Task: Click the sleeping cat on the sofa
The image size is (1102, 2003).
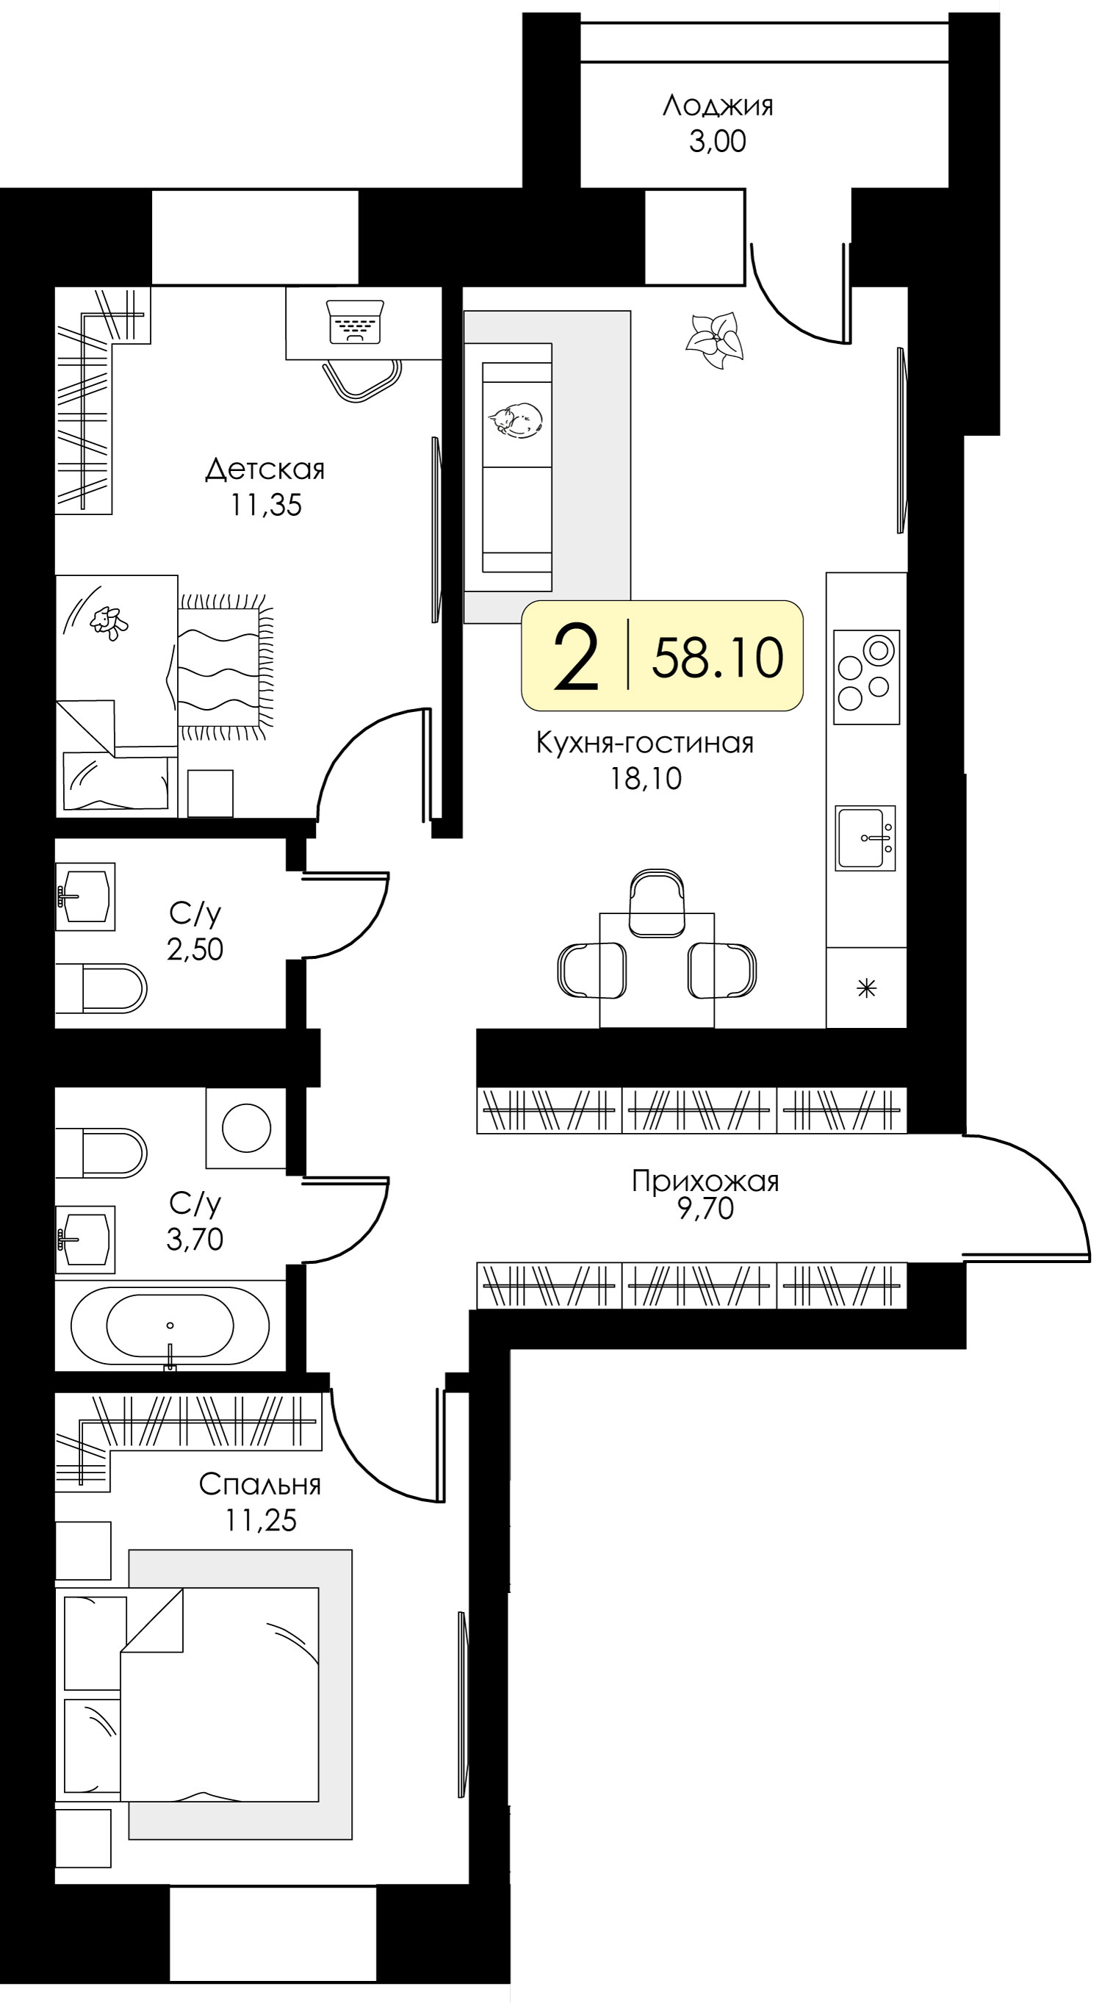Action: click(x=516, y=421)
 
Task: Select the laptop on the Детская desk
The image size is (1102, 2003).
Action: click(x=356, y=322)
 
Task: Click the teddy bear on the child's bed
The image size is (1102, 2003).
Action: click(x=109, y=623)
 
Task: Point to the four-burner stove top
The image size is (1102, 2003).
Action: click(x=866, y=677)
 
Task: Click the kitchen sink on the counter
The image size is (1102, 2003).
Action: click(x=865, y=838)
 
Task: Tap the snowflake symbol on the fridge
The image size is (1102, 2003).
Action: click(x=866, y=988)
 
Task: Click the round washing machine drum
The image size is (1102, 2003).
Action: click(x=247, y=1127)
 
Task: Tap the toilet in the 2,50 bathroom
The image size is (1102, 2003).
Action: click(x=101, y=988)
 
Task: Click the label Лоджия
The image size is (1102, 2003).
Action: click(x=717, y=105)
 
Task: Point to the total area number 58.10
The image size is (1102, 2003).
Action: click(x=718, y=657)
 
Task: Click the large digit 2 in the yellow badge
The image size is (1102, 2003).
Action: click(x=575, y=657)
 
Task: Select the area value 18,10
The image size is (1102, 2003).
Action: click(x=646, y=778)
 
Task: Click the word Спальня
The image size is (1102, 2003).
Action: click(x=260, y=1484)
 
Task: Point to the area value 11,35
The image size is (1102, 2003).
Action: click(x=265, y=506)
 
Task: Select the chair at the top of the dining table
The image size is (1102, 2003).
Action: click(x=657, y=903)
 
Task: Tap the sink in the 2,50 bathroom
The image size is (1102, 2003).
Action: click(x=85, y=896)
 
